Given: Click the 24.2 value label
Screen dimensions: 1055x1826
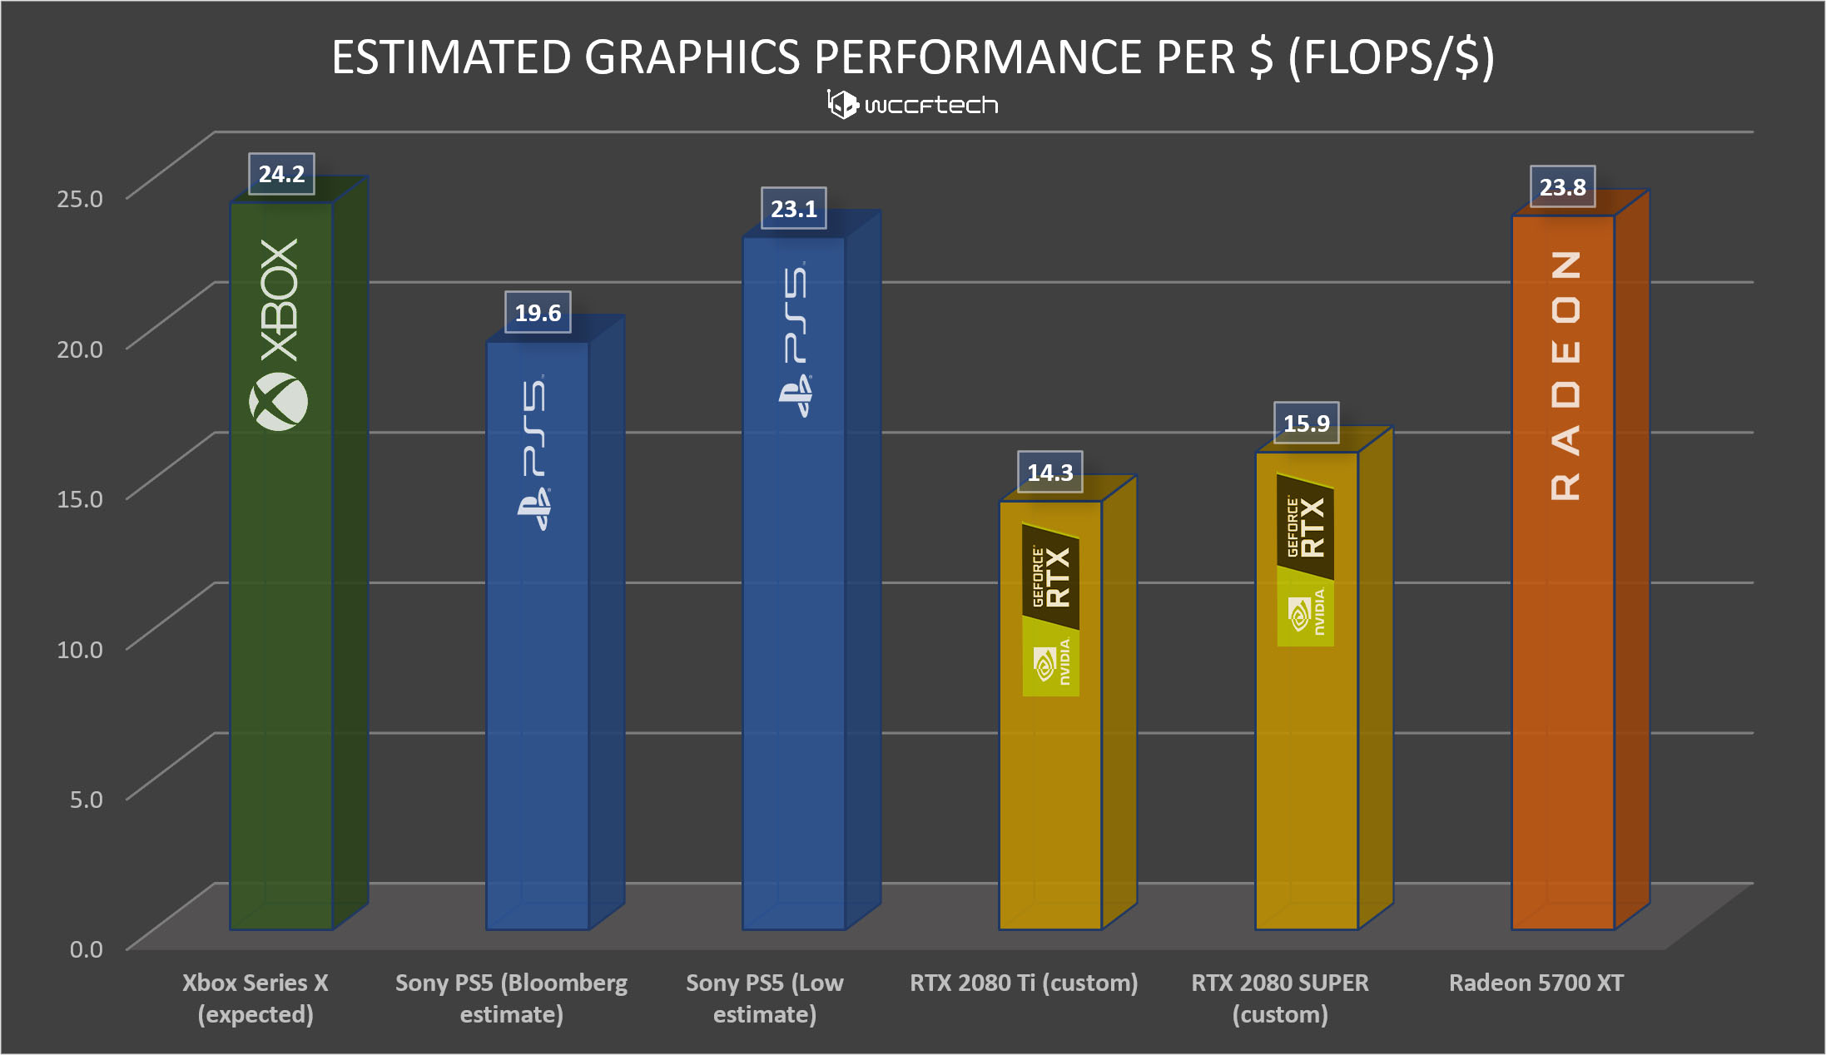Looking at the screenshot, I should (281, 174).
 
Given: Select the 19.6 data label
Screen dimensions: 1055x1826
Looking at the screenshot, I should (538, 313).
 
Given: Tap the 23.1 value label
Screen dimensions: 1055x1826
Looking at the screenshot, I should (794, 209).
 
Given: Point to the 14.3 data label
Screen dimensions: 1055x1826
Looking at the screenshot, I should (1050, 473).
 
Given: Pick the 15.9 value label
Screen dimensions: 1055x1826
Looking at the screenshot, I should (1307, 423).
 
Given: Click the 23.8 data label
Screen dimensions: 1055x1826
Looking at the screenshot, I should (1563, 187).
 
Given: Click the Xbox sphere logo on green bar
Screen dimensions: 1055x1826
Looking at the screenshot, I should (279, 402).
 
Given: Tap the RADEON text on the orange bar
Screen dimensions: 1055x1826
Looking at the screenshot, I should (1565, 375).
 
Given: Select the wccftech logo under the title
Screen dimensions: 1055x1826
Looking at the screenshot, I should (913, 105).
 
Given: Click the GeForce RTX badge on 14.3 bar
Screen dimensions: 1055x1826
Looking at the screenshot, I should (1051, 577).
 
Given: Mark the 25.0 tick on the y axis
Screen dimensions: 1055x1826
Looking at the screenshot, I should (80, 199).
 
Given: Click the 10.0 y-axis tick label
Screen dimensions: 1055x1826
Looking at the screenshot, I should (80, 649).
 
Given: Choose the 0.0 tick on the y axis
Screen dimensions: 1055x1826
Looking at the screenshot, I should (86, 949).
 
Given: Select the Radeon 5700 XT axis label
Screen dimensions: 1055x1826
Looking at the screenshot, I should (1536, 983).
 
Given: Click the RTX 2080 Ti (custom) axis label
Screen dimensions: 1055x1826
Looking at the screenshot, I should (1024, 983).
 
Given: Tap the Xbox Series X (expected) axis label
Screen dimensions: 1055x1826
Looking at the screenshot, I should (256, 998).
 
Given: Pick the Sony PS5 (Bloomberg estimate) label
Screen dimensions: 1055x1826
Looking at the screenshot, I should (512, 998).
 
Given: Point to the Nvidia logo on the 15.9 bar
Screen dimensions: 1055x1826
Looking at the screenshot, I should (1306, 614).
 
